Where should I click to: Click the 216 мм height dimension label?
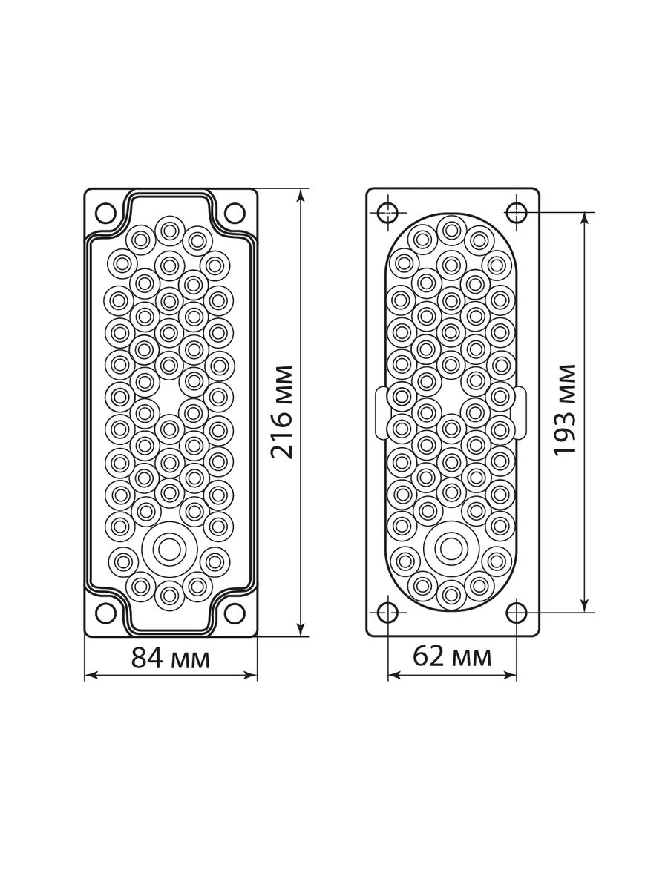point(282,412)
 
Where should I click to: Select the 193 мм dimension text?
point(565,410)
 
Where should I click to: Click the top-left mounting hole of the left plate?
point(105,212)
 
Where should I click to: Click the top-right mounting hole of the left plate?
point(235,212)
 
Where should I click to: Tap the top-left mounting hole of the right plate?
point(387,211)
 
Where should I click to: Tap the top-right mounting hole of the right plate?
point(517,211)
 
